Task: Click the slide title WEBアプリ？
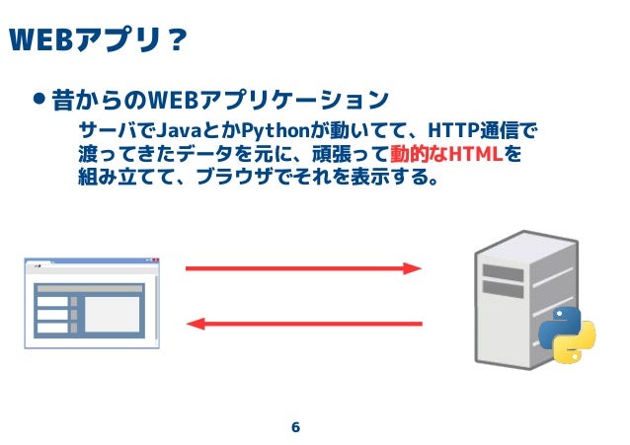(97, 39)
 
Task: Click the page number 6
(295, 427)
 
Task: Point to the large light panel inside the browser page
(114, 314)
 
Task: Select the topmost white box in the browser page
(52, 301)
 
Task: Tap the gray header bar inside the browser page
(89, 288)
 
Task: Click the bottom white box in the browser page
(52, 328)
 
